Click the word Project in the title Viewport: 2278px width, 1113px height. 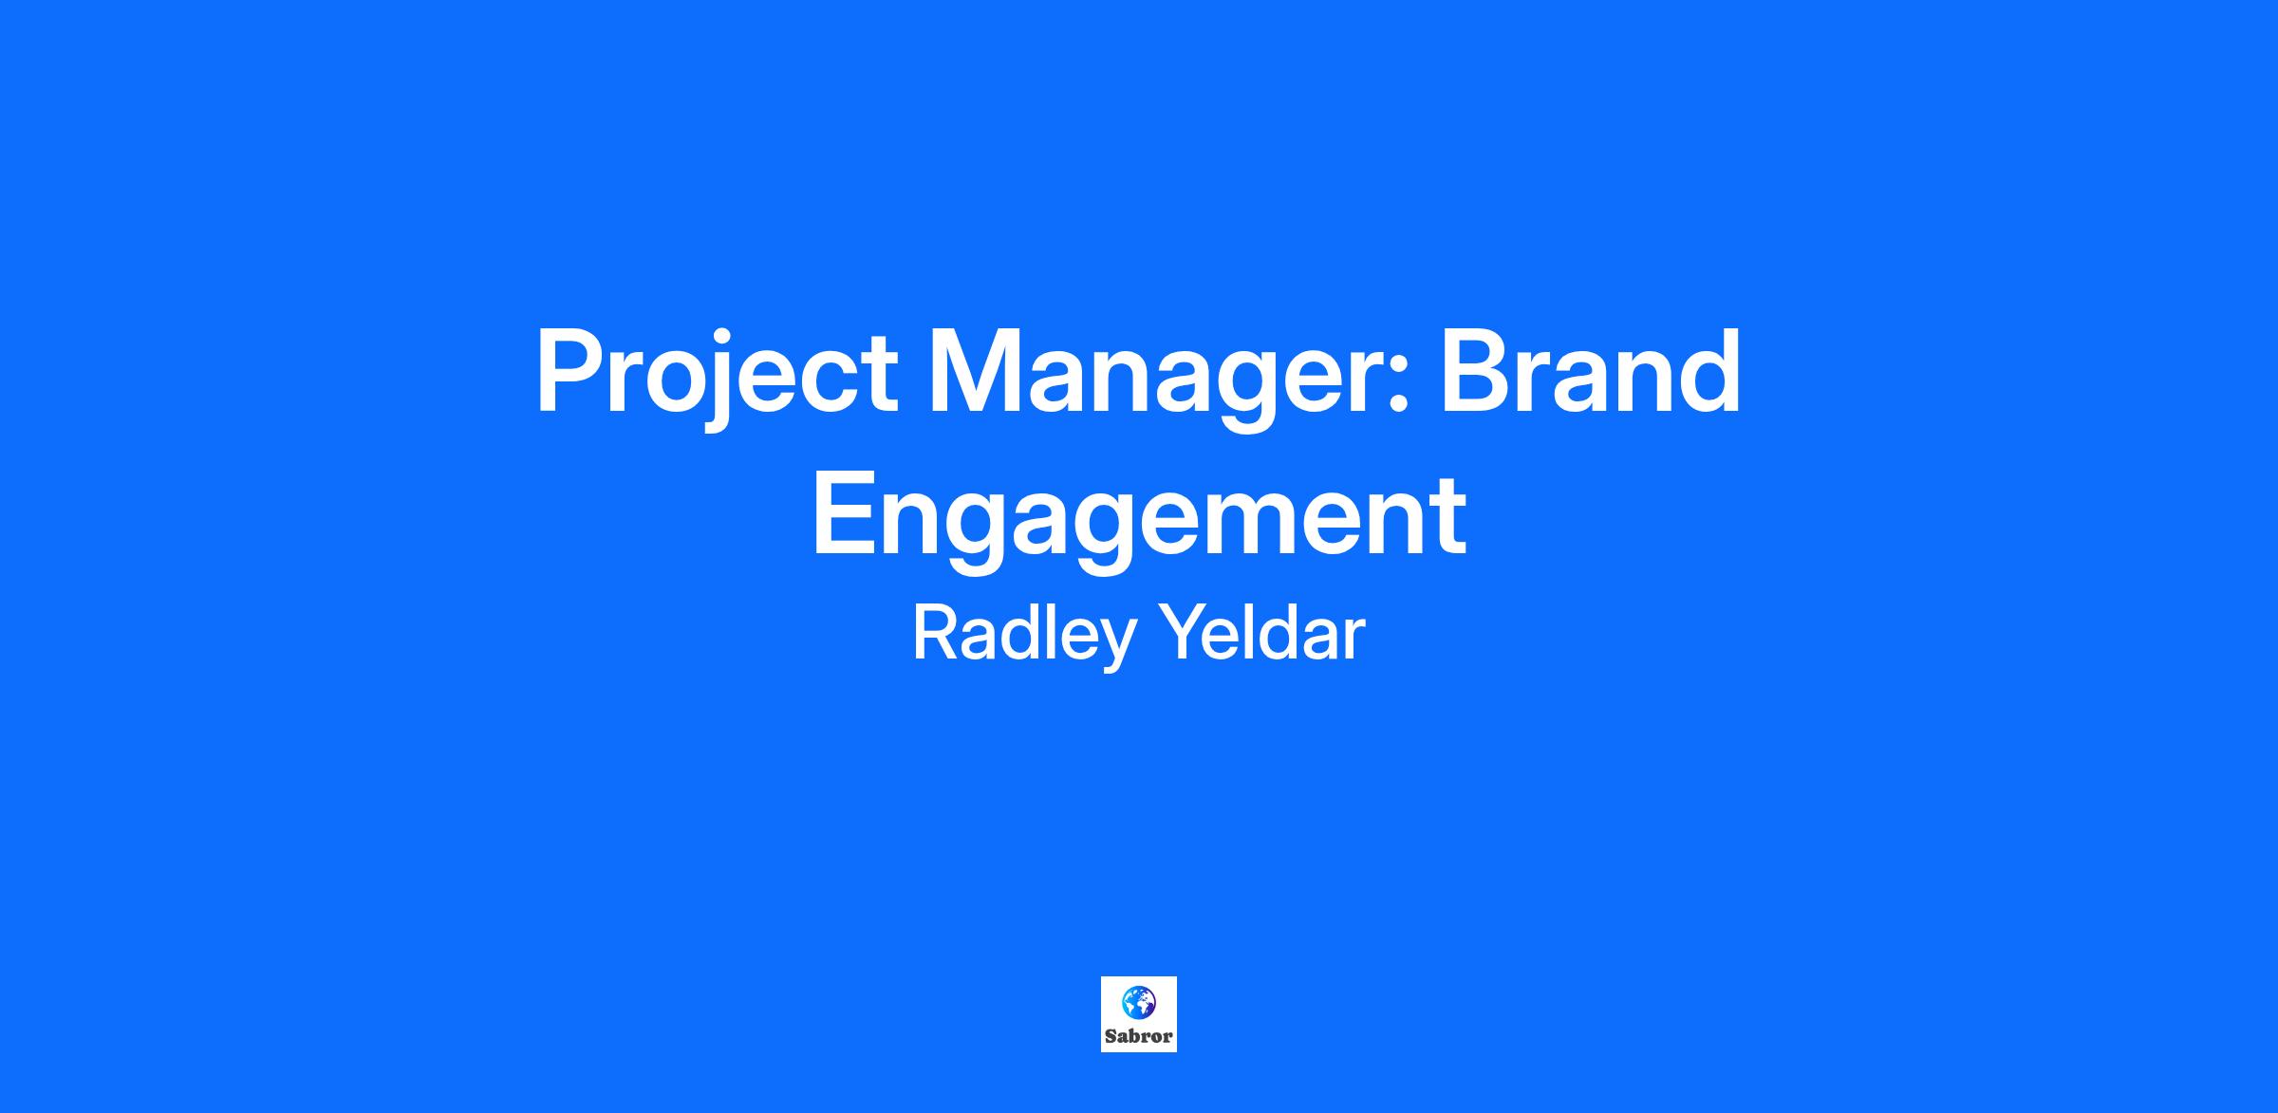pos(717,378)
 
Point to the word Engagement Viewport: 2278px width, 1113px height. pos(1139,520)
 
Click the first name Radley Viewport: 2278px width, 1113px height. pos(1024,635)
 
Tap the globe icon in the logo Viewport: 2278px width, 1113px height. pos(1139,1001)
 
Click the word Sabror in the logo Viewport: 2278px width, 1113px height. pos(1139,1036)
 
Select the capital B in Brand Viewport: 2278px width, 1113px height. pos(1476,371)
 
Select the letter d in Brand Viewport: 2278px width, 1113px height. pos(1708,371)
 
